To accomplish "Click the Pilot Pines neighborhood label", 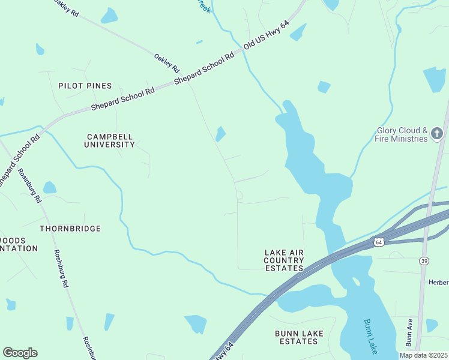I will pos(85,86).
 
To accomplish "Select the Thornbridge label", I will pos(70,229).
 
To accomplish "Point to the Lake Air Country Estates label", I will pos(284,260).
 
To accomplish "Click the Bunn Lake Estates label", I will pos(299,337).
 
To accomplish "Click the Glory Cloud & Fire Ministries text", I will pos(402,134).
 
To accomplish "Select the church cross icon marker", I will pos(438,134).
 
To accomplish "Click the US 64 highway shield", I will pos(378,242).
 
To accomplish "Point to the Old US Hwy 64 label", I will pos(267,35).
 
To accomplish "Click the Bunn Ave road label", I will pos(409,333).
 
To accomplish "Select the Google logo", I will pos(20,353).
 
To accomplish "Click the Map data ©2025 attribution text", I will pos(423,355).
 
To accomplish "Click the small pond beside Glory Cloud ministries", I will pos(434,79).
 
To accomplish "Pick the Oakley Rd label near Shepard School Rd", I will pos(167,61).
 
